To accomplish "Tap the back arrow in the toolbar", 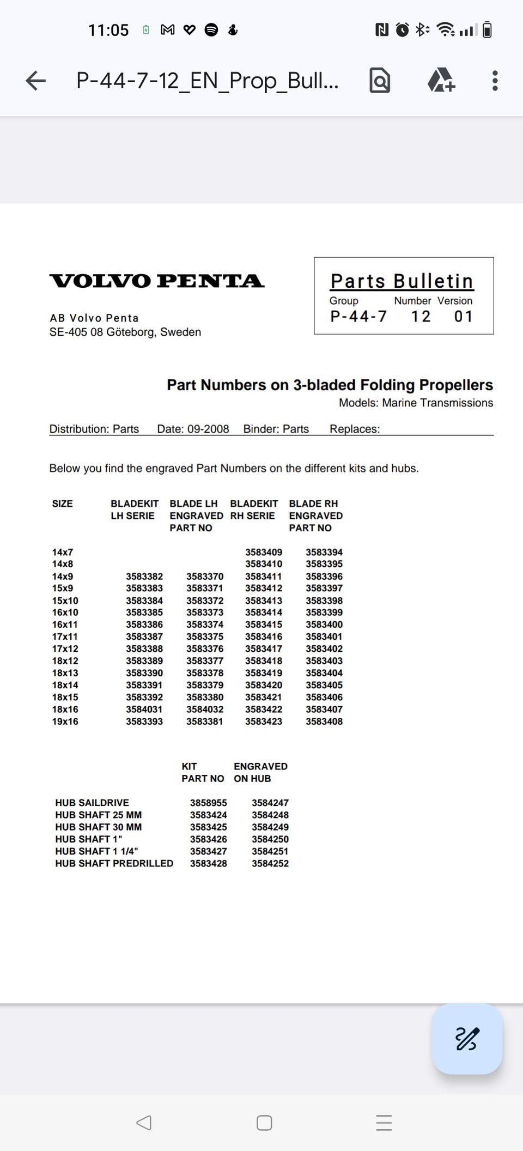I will pyautogui.click(x=36, y=81).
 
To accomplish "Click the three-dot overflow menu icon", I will pyautogui.click(x=495, y=81).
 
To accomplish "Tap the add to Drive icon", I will pyautogui.click(x=441, y=81).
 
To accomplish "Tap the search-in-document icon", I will pyautogui.click(x=380, y=81).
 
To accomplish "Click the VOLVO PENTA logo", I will pyautogui.click(x=157, y=281).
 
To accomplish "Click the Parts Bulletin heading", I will pyautogui.click(x=402, y=281).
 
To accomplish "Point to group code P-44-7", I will pyautogui.click(x=358, y=317).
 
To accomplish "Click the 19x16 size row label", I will pyautogui.click(x=65, y=722).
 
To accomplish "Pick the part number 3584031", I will pyautogui.click(x=144, y=710).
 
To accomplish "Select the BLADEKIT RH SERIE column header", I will pyautogui.click(x=254, y=510).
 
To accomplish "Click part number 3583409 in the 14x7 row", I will pyautogui.click(x=264, y=552).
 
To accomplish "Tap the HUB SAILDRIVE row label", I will pyautogui.click(x=92, y=803).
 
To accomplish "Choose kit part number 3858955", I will pyautogui.click(x=209, y=803).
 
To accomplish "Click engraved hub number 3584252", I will pyautogui.click(x=270, y=863).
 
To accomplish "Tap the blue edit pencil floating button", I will pyautogui.click(x=467, y=1039).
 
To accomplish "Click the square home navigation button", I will pyautogui.click(x=264, y=1123).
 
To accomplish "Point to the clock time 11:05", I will pyautogui.click(x=108, y=30).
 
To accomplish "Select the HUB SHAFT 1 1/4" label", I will pyautogui.click(x=96, y=851).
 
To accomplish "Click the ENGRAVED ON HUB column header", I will pyautogui.click(x=260, y=772).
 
